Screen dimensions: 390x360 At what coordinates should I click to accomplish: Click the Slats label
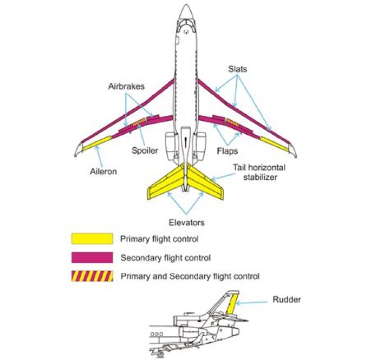pyautogui.click(x=238, y=69)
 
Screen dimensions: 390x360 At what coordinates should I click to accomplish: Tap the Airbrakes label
pyautogui.click(x=126, y=86)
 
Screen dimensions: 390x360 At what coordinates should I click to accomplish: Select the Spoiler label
pyautogui.click(x=145, y=150)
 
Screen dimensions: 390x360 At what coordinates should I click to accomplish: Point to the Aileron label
pyautogui.click(x=103, y=172)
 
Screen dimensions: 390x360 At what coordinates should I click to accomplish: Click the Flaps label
pyautogui.click(x=227, y=150)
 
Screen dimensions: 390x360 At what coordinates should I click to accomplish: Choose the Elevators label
pyautogui.click(x=186, y=222)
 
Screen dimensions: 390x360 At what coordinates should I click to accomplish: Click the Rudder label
pyautogui.click(x=287, y=299)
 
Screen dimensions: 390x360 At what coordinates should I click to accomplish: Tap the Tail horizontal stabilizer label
pyautogui.click(x=259, y=172)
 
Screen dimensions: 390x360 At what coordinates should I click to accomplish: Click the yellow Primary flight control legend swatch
pyautogui.click(x=92, y=239)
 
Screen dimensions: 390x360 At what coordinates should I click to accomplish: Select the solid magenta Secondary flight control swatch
pyautogui.click(x=92, y=258)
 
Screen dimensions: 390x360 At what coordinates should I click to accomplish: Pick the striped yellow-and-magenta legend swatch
pyautogui.click(x=92, y=276)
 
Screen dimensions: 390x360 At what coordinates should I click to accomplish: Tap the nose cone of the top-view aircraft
pyautogui.click(x=186, y=12)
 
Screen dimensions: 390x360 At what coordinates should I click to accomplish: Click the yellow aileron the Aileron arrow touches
pyautogui.click(x=97, y=143)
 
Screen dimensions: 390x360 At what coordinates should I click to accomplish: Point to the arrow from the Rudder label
pyautogui.click(x=251, y=303)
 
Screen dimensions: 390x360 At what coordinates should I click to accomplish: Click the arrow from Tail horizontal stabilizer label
pyautogui.click(x=223, y=177)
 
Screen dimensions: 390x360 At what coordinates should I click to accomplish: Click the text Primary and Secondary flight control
pyautogui.click(x=190, y=277)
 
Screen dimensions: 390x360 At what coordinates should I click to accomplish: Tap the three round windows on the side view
pyautogui.click(x=157, y=334)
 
